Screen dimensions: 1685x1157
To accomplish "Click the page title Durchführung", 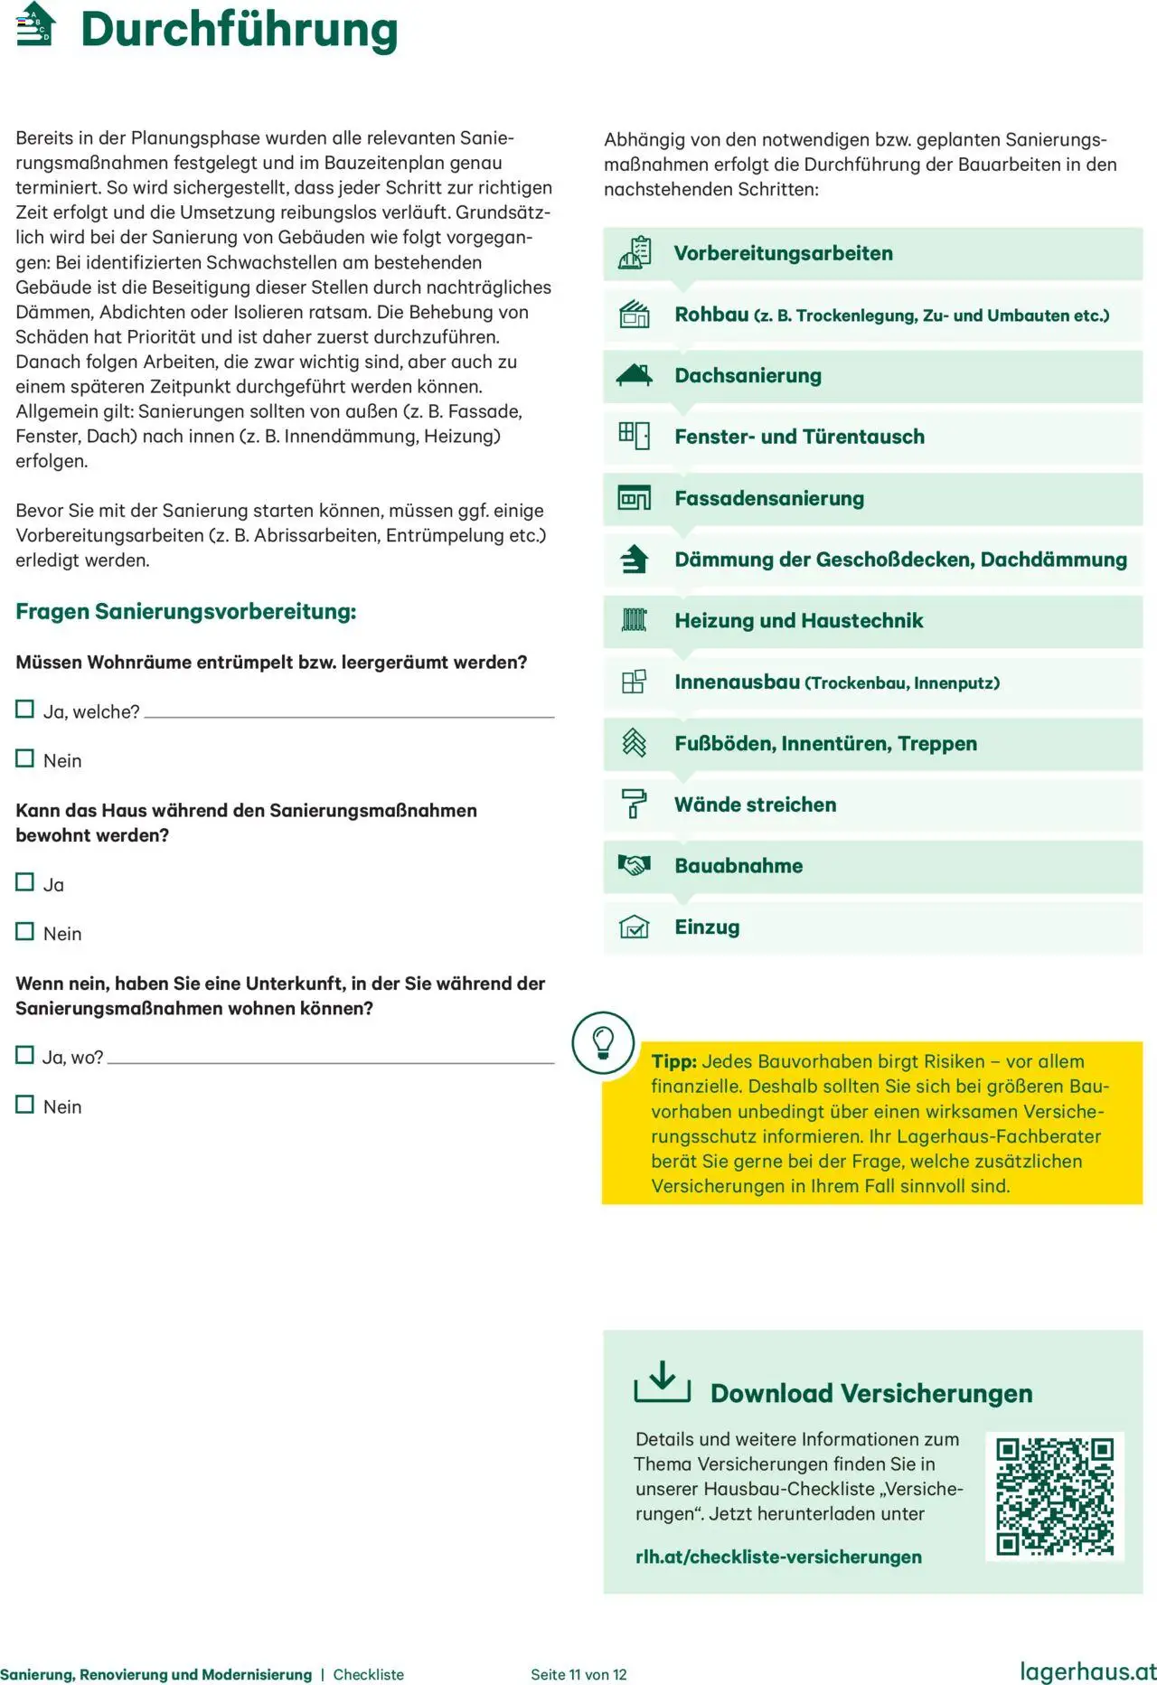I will pos(240,30).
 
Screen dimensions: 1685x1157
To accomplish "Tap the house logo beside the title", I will pos(36,24).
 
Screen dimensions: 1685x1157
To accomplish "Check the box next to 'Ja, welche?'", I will pos(25,710).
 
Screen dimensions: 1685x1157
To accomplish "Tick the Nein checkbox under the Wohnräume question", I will pos(25,758).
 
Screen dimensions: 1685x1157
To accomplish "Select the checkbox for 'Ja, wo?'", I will pos(25,1055).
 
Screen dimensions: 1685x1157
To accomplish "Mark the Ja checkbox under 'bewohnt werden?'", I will pos(25,882).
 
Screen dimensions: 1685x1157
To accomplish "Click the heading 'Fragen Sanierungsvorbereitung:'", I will pos(186,612).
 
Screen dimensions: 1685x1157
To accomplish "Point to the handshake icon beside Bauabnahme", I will pos(635,865).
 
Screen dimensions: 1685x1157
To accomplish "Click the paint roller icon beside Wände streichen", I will pos(635,804).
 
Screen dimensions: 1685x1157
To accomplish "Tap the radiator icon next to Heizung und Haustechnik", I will pos(635,620).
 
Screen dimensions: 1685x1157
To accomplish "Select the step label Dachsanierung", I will pos(748,375).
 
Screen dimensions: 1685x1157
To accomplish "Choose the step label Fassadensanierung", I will pos(769,498).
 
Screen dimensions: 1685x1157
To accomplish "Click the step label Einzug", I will pos(707,927).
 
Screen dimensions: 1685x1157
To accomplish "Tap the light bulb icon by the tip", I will pos(603,1042).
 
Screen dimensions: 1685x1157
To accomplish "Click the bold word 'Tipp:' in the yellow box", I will pos(674,1061).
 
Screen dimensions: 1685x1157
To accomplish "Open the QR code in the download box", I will pos(1055,1496).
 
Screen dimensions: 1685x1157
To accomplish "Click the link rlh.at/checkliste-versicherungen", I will pos(778,1557).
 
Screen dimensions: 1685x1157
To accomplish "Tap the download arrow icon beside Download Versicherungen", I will pos(663,1382).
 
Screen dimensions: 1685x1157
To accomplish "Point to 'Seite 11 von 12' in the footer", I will pos(578,1674).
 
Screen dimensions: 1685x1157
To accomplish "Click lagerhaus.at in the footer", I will pos(1087,1671).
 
